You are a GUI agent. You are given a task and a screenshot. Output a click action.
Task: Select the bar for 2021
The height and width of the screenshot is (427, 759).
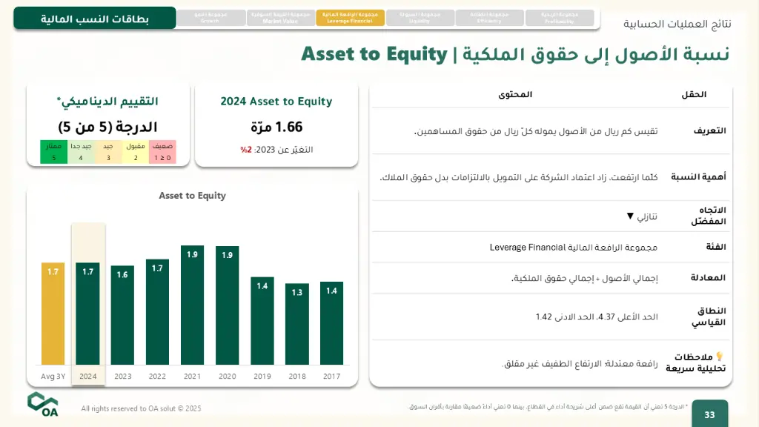(x=192, y=305)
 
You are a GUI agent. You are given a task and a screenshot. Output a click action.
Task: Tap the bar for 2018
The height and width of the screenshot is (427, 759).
(x=296, y=323)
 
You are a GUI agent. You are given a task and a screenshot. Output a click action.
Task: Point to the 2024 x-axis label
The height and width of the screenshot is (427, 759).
(x=87, y=377)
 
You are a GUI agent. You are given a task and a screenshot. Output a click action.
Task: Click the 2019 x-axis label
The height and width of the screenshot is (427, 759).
(x=262, y=377)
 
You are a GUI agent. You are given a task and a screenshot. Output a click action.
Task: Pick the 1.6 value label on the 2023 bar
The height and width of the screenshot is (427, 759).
(x=122, y=274)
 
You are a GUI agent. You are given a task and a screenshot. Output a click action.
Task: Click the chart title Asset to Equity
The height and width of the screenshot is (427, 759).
(x=192, y=196)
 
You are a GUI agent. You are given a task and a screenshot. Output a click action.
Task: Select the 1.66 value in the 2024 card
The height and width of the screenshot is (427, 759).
(x=276, y=128)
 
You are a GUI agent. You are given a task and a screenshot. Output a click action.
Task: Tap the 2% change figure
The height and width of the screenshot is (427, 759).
(x=246, y=150)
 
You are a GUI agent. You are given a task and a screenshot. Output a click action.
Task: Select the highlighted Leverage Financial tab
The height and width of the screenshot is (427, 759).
(x=350, y=18)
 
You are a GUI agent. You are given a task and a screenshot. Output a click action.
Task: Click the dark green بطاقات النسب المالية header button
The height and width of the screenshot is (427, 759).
(x=94, y=19)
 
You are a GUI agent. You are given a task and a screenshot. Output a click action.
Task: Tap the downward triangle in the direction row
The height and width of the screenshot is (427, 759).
(x=630, y=216)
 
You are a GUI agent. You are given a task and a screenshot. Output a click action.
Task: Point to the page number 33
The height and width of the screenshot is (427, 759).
(x=709, y=414)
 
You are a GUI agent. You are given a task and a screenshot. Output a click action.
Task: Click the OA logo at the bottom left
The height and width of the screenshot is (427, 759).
(x=43, y=404)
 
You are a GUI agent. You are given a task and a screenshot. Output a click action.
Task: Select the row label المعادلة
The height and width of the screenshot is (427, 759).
(x=708, y=277)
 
